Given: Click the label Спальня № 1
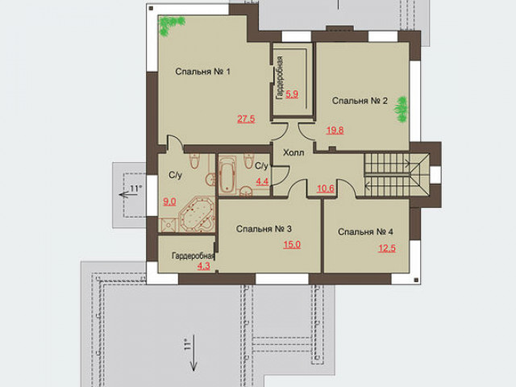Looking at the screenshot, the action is (x=202, y=72).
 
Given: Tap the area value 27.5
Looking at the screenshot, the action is (x=246, y=119).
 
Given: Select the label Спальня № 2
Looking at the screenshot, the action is (x=360, y=100).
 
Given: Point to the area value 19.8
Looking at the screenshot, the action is (x=335, y=131).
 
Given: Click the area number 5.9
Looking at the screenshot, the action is (x=292, y=94).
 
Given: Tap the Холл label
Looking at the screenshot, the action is (x=293, y=152).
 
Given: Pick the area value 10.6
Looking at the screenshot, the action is (x=326, y=189).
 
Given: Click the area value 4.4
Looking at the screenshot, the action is (x=262, y=181).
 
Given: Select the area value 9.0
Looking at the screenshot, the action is (x=169, y=202).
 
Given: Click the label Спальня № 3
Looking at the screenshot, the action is (x=264, y=229).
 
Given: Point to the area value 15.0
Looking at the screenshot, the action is (x=292, y=244).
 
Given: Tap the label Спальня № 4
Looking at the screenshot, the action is (x=365, y=231).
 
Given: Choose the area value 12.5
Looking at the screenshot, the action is (x=387, y=248).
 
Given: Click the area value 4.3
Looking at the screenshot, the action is (x=204, y=265).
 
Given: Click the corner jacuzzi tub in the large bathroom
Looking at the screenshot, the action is (x=197, y=214).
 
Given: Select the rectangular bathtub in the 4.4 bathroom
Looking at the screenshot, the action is (x=227, y=175).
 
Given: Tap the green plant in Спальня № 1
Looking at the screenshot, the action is (x=171, y=26).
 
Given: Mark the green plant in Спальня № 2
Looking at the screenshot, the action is (x=402, y=110).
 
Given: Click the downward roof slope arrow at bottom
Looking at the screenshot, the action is (x=193, y=353).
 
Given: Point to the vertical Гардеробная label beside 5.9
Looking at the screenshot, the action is (x=280, y=78).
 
